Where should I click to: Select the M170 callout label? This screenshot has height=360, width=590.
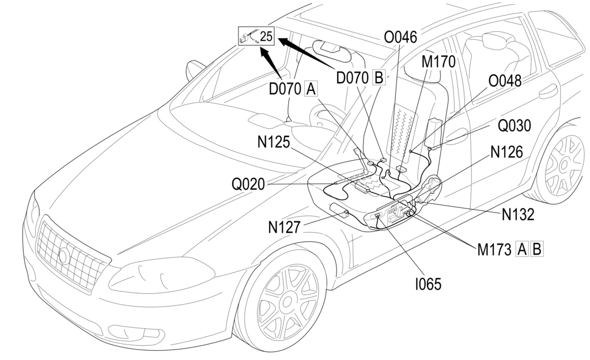438,61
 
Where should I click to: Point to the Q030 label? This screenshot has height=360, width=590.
515,126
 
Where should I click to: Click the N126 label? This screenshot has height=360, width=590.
507,151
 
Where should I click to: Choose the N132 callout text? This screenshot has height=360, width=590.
517,214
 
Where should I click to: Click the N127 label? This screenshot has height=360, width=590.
284,228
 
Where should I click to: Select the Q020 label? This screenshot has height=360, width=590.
248,184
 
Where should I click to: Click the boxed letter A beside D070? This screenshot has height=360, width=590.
311,89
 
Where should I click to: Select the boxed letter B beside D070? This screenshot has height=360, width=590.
379,77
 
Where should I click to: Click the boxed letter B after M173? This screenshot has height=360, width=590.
536,249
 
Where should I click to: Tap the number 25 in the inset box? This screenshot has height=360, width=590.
266,36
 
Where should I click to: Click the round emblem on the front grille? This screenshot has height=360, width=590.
63,255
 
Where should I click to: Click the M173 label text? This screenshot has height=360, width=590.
494,249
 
